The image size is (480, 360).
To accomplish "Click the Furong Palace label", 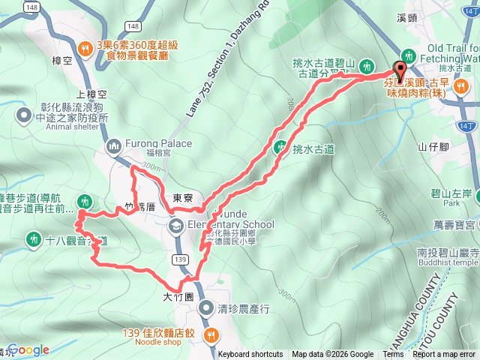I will click(160, 144).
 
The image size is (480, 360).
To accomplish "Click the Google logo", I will click(28, 349).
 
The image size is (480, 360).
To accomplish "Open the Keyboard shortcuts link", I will click(250, 355).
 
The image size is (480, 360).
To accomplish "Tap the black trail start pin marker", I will click(399, 72).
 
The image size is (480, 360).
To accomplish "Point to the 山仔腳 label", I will click(433, 147).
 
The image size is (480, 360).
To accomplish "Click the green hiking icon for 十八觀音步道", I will click(33, 240).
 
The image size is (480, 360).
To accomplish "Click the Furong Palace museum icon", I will click(115, 145).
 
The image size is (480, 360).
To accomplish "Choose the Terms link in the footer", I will click(393, 355).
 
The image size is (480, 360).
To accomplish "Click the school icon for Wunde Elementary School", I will click(175, 225).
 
